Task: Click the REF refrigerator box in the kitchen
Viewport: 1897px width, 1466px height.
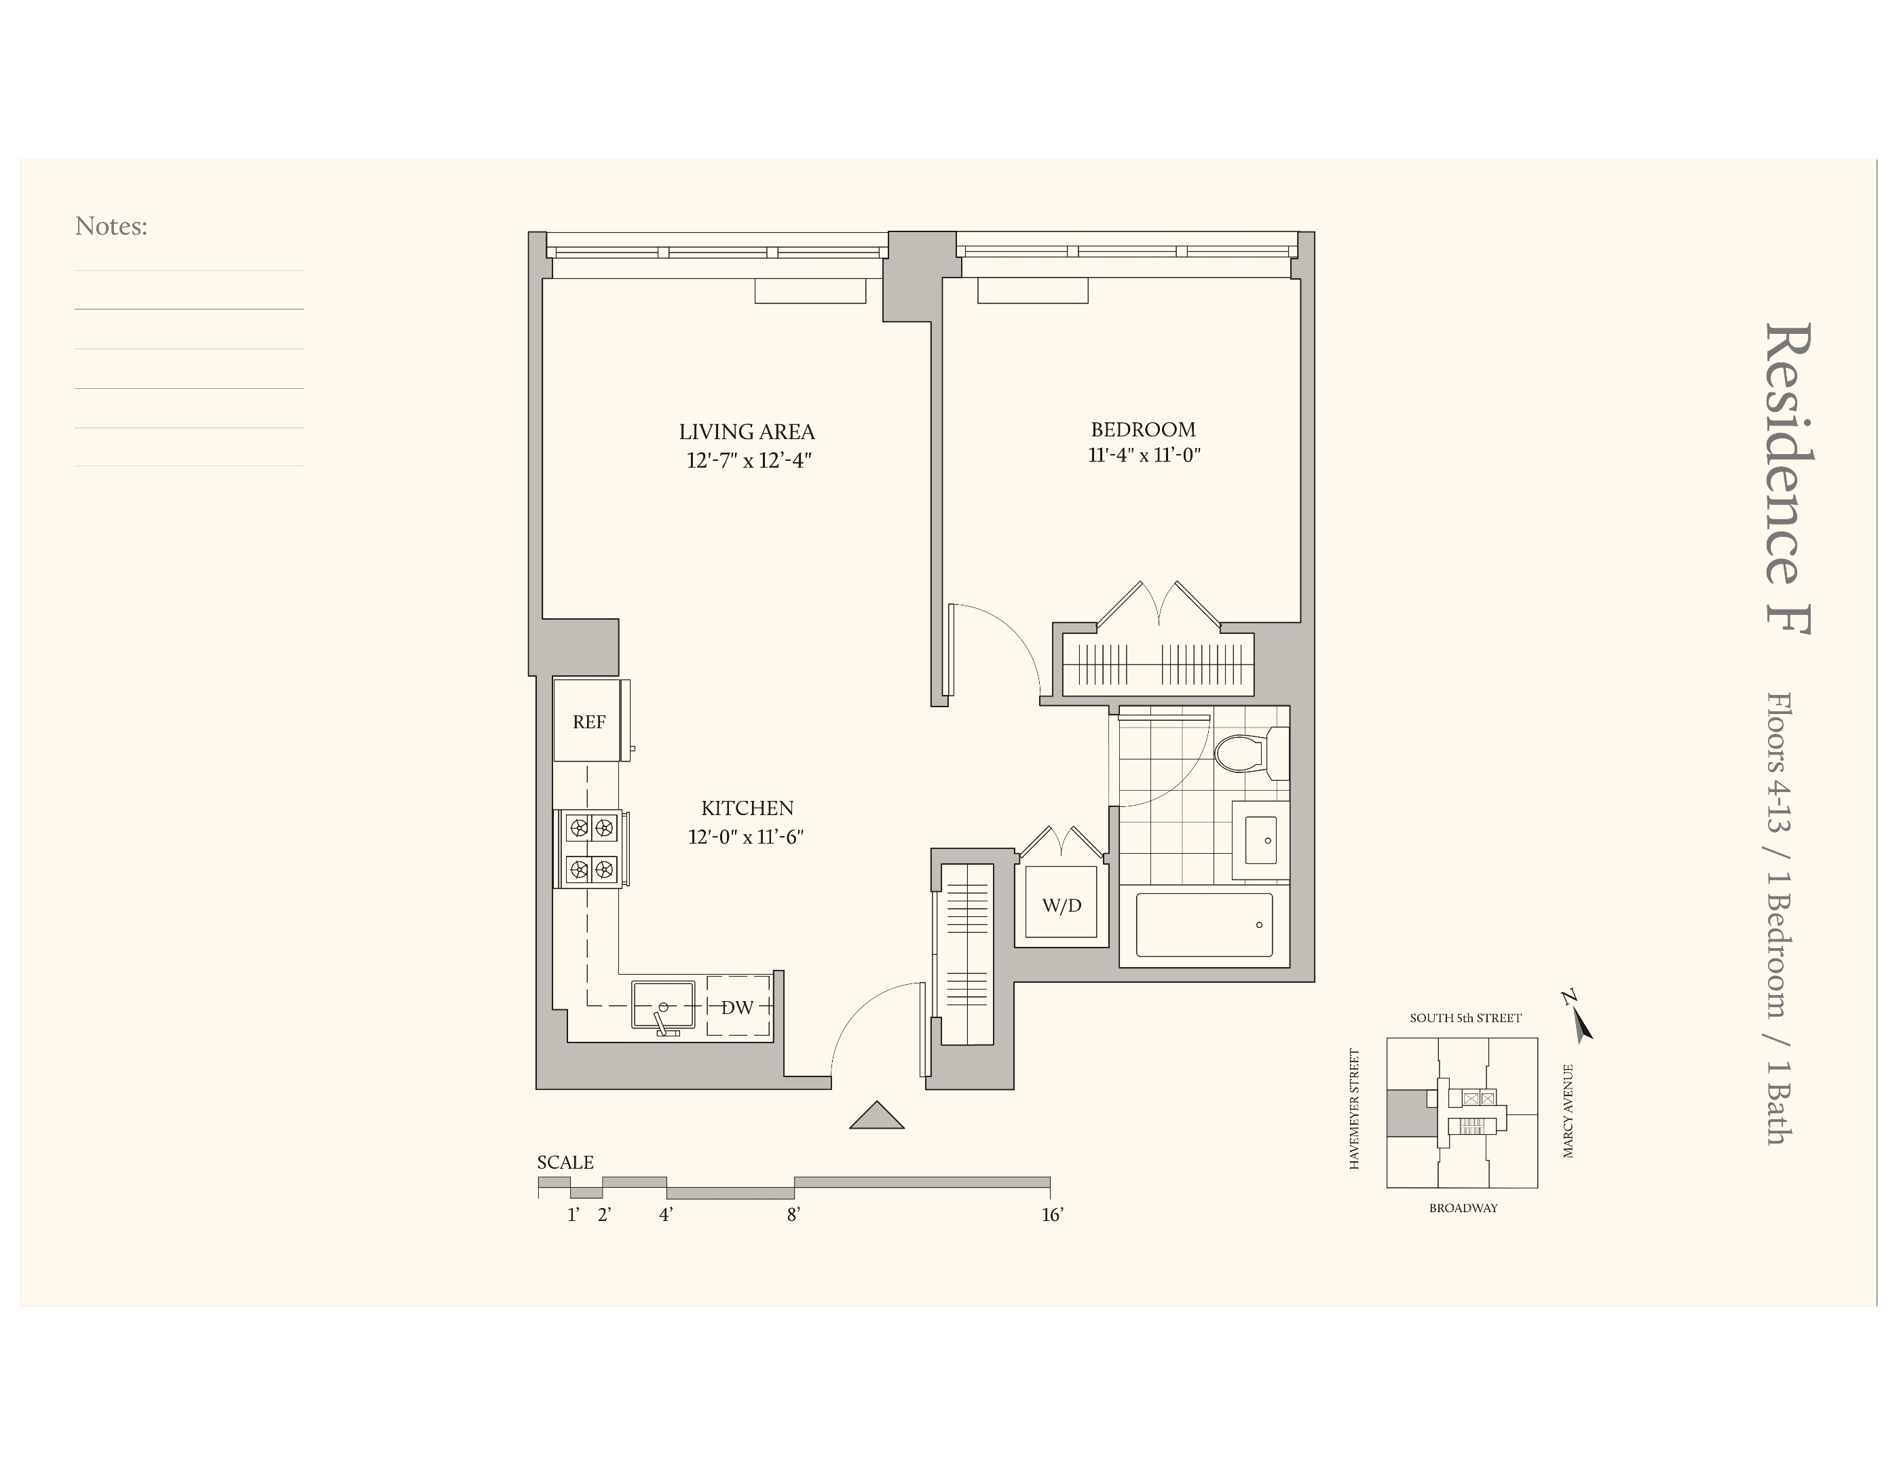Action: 588,721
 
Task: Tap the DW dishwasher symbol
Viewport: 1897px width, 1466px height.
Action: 738,1007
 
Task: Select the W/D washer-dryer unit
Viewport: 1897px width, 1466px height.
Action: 1061,905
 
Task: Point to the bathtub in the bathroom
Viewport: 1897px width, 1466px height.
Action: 1204,925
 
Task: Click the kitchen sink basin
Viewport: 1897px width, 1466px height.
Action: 662,1005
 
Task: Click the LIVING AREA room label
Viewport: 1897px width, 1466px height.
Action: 746,432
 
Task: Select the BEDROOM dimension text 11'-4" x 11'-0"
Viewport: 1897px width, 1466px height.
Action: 1143,454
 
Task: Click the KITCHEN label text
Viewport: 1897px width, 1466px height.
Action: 747,808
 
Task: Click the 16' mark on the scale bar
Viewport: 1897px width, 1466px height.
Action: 1052,1214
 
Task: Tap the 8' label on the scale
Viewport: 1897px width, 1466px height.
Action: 793,1214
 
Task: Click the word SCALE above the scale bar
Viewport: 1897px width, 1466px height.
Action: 565,1162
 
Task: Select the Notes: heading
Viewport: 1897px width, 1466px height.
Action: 111,226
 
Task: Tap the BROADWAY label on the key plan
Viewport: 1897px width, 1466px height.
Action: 1463,1208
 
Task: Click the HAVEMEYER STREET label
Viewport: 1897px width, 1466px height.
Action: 1353,1109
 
